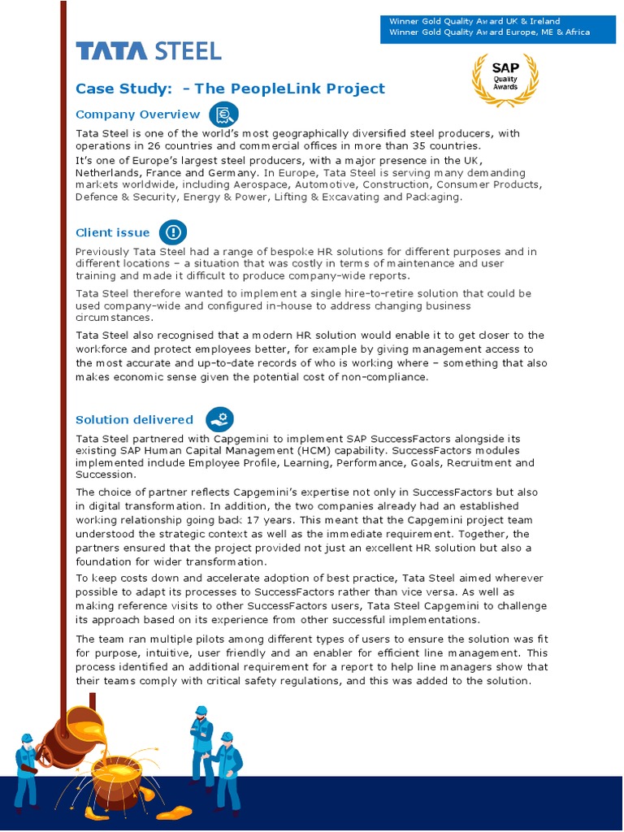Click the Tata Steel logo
[149, 51]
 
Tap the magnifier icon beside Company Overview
[223, 115]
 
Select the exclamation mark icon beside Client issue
[172, 233]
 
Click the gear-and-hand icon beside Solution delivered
[219, 419]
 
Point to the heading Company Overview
[137, 115]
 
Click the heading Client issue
[113, 233]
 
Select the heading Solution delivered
[134, 420]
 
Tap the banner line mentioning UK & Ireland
[474, 21]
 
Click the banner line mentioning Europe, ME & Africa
[489, 32]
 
